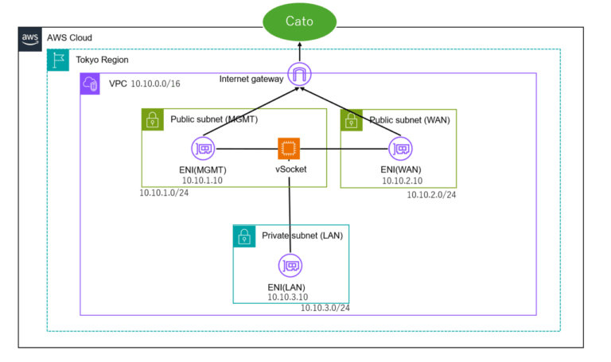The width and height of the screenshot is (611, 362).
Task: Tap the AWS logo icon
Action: [30, 38]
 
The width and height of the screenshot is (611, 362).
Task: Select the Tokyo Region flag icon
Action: [58, 60]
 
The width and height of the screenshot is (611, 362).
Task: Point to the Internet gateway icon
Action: [301, 76]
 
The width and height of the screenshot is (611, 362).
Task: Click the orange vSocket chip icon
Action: [289, 149]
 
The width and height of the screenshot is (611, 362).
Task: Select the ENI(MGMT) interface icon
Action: [203, 148]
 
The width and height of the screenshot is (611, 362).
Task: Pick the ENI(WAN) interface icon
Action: [399, 148]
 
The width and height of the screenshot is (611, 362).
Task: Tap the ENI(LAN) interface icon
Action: [290, 266]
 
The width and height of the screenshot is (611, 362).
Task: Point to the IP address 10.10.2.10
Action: [401, 180]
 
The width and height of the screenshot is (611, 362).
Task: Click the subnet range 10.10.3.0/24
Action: [325, 308]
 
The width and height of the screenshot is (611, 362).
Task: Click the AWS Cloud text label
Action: [69, 37]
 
